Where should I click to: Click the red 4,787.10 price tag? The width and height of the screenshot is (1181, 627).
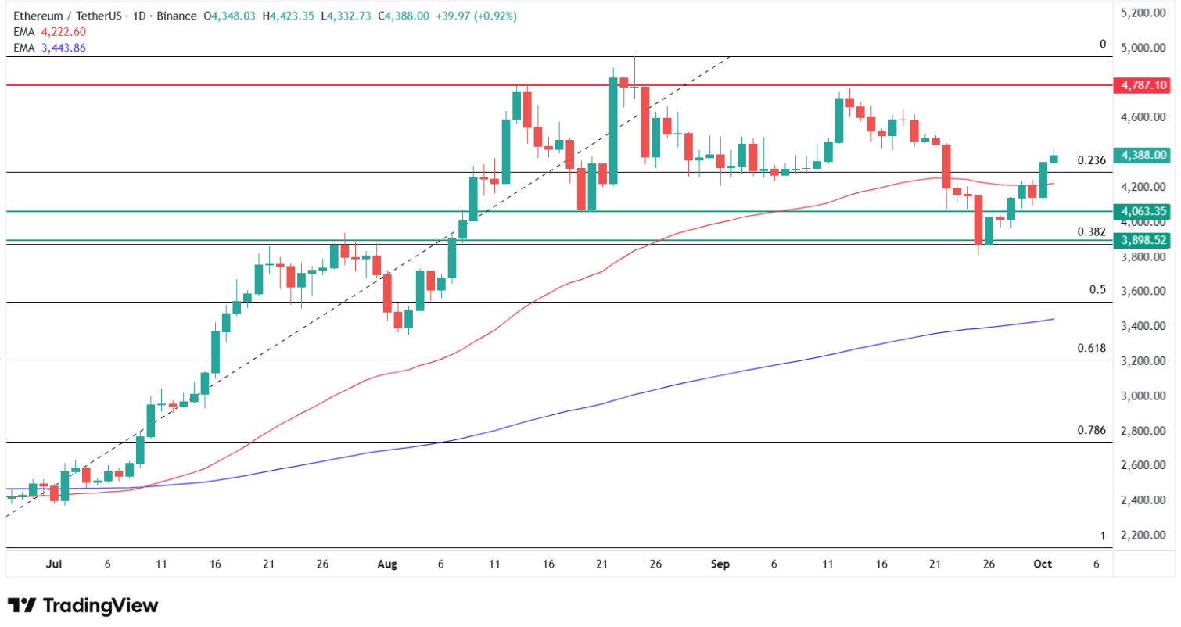pyautogui.click(x=1143, y=84)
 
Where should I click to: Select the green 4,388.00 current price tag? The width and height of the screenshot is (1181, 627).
pyautogui.click(x=1143, y=156)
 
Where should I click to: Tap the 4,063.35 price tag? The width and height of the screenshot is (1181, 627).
pyautogui.click(x=1143, y=211)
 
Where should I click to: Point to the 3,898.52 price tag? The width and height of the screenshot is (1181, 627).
pyautogui.click(x=1143, y=241)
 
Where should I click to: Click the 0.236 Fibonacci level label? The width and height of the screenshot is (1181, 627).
pyautogui.click(x=1091, y=160)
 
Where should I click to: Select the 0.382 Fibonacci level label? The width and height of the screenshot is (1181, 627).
pyautogui.click(x=1091, y=231)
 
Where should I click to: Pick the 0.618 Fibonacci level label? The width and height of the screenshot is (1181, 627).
pyautogui.click(x=1091, y=348)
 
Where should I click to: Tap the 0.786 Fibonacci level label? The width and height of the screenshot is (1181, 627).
pyautogui.click(x=1091, y=430)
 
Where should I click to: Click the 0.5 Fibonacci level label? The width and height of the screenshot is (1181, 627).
pyautogui.click(x=1097, y=290)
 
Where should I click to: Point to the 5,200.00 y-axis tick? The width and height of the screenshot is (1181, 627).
pyautogui.click(x=1143, y=13)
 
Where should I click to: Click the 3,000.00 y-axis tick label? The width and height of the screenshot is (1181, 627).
pyautogui.click(x=1143, y=396)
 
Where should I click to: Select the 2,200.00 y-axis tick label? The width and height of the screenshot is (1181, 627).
pyautogui.click(x=1143, y=536)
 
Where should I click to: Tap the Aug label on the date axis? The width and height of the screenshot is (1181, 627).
pyautogui.click(x=389, y=564)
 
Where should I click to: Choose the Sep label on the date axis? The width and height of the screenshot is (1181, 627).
pyautogui.click(x=720, y=564)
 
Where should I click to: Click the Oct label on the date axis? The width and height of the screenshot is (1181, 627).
pyautogui.click(x=1043, y=564)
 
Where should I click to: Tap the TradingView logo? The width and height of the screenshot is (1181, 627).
pyautogui.click(x=83, y=606)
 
